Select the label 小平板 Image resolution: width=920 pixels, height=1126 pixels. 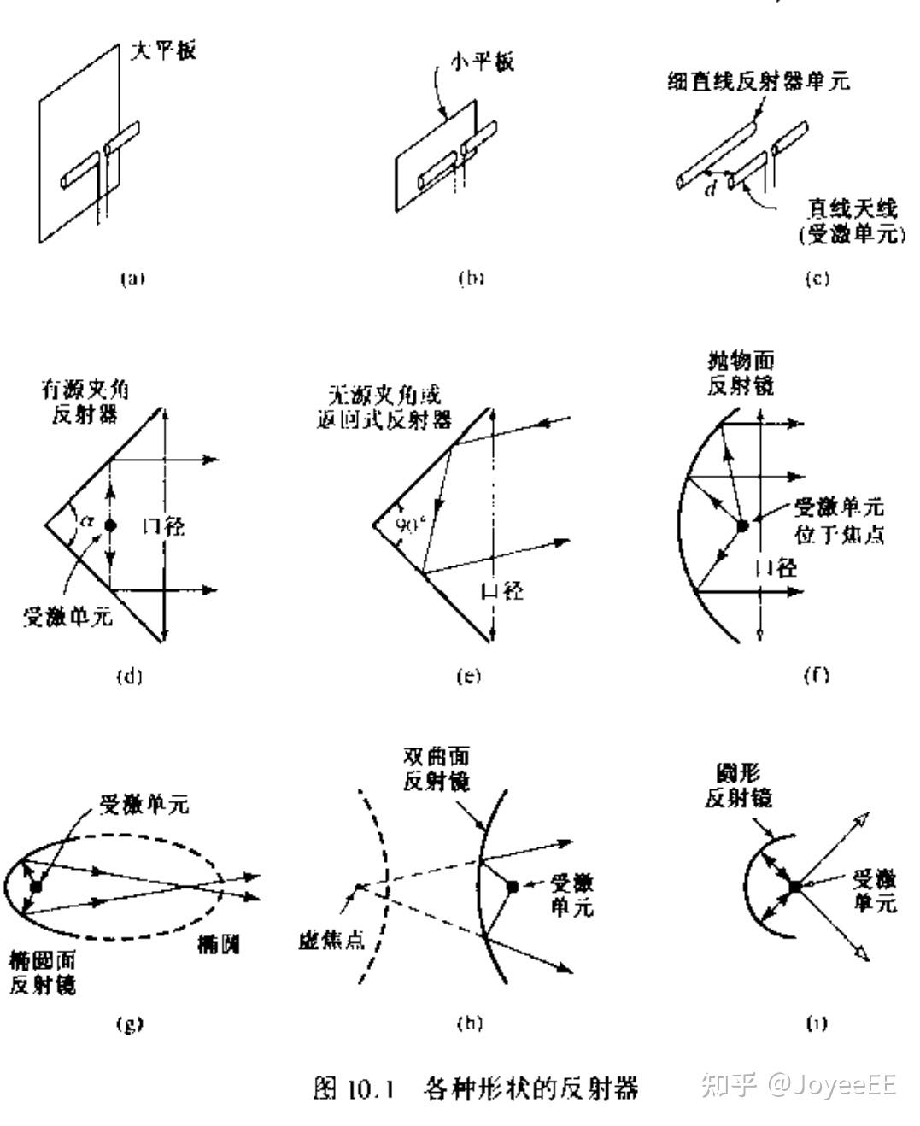(483, 62)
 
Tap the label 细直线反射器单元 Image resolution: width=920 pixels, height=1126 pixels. (759, 81)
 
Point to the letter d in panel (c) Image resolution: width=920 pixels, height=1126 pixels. (711, 189)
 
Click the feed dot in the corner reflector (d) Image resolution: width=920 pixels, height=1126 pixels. (109, 525)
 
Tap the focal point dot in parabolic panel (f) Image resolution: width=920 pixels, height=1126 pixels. (742, 525)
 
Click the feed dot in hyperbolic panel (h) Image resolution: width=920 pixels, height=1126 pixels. (513, 887)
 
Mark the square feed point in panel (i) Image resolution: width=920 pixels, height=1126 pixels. (795, 887)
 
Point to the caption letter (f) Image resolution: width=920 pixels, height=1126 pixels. (817, 675)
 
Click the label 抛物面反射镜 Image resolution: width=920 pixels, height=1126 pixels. (741, 372)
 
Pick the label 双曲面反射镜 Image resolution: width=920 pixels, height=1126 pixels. (436, 769)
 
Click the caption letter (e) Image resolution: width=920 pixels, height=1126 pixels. (468, 676)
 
